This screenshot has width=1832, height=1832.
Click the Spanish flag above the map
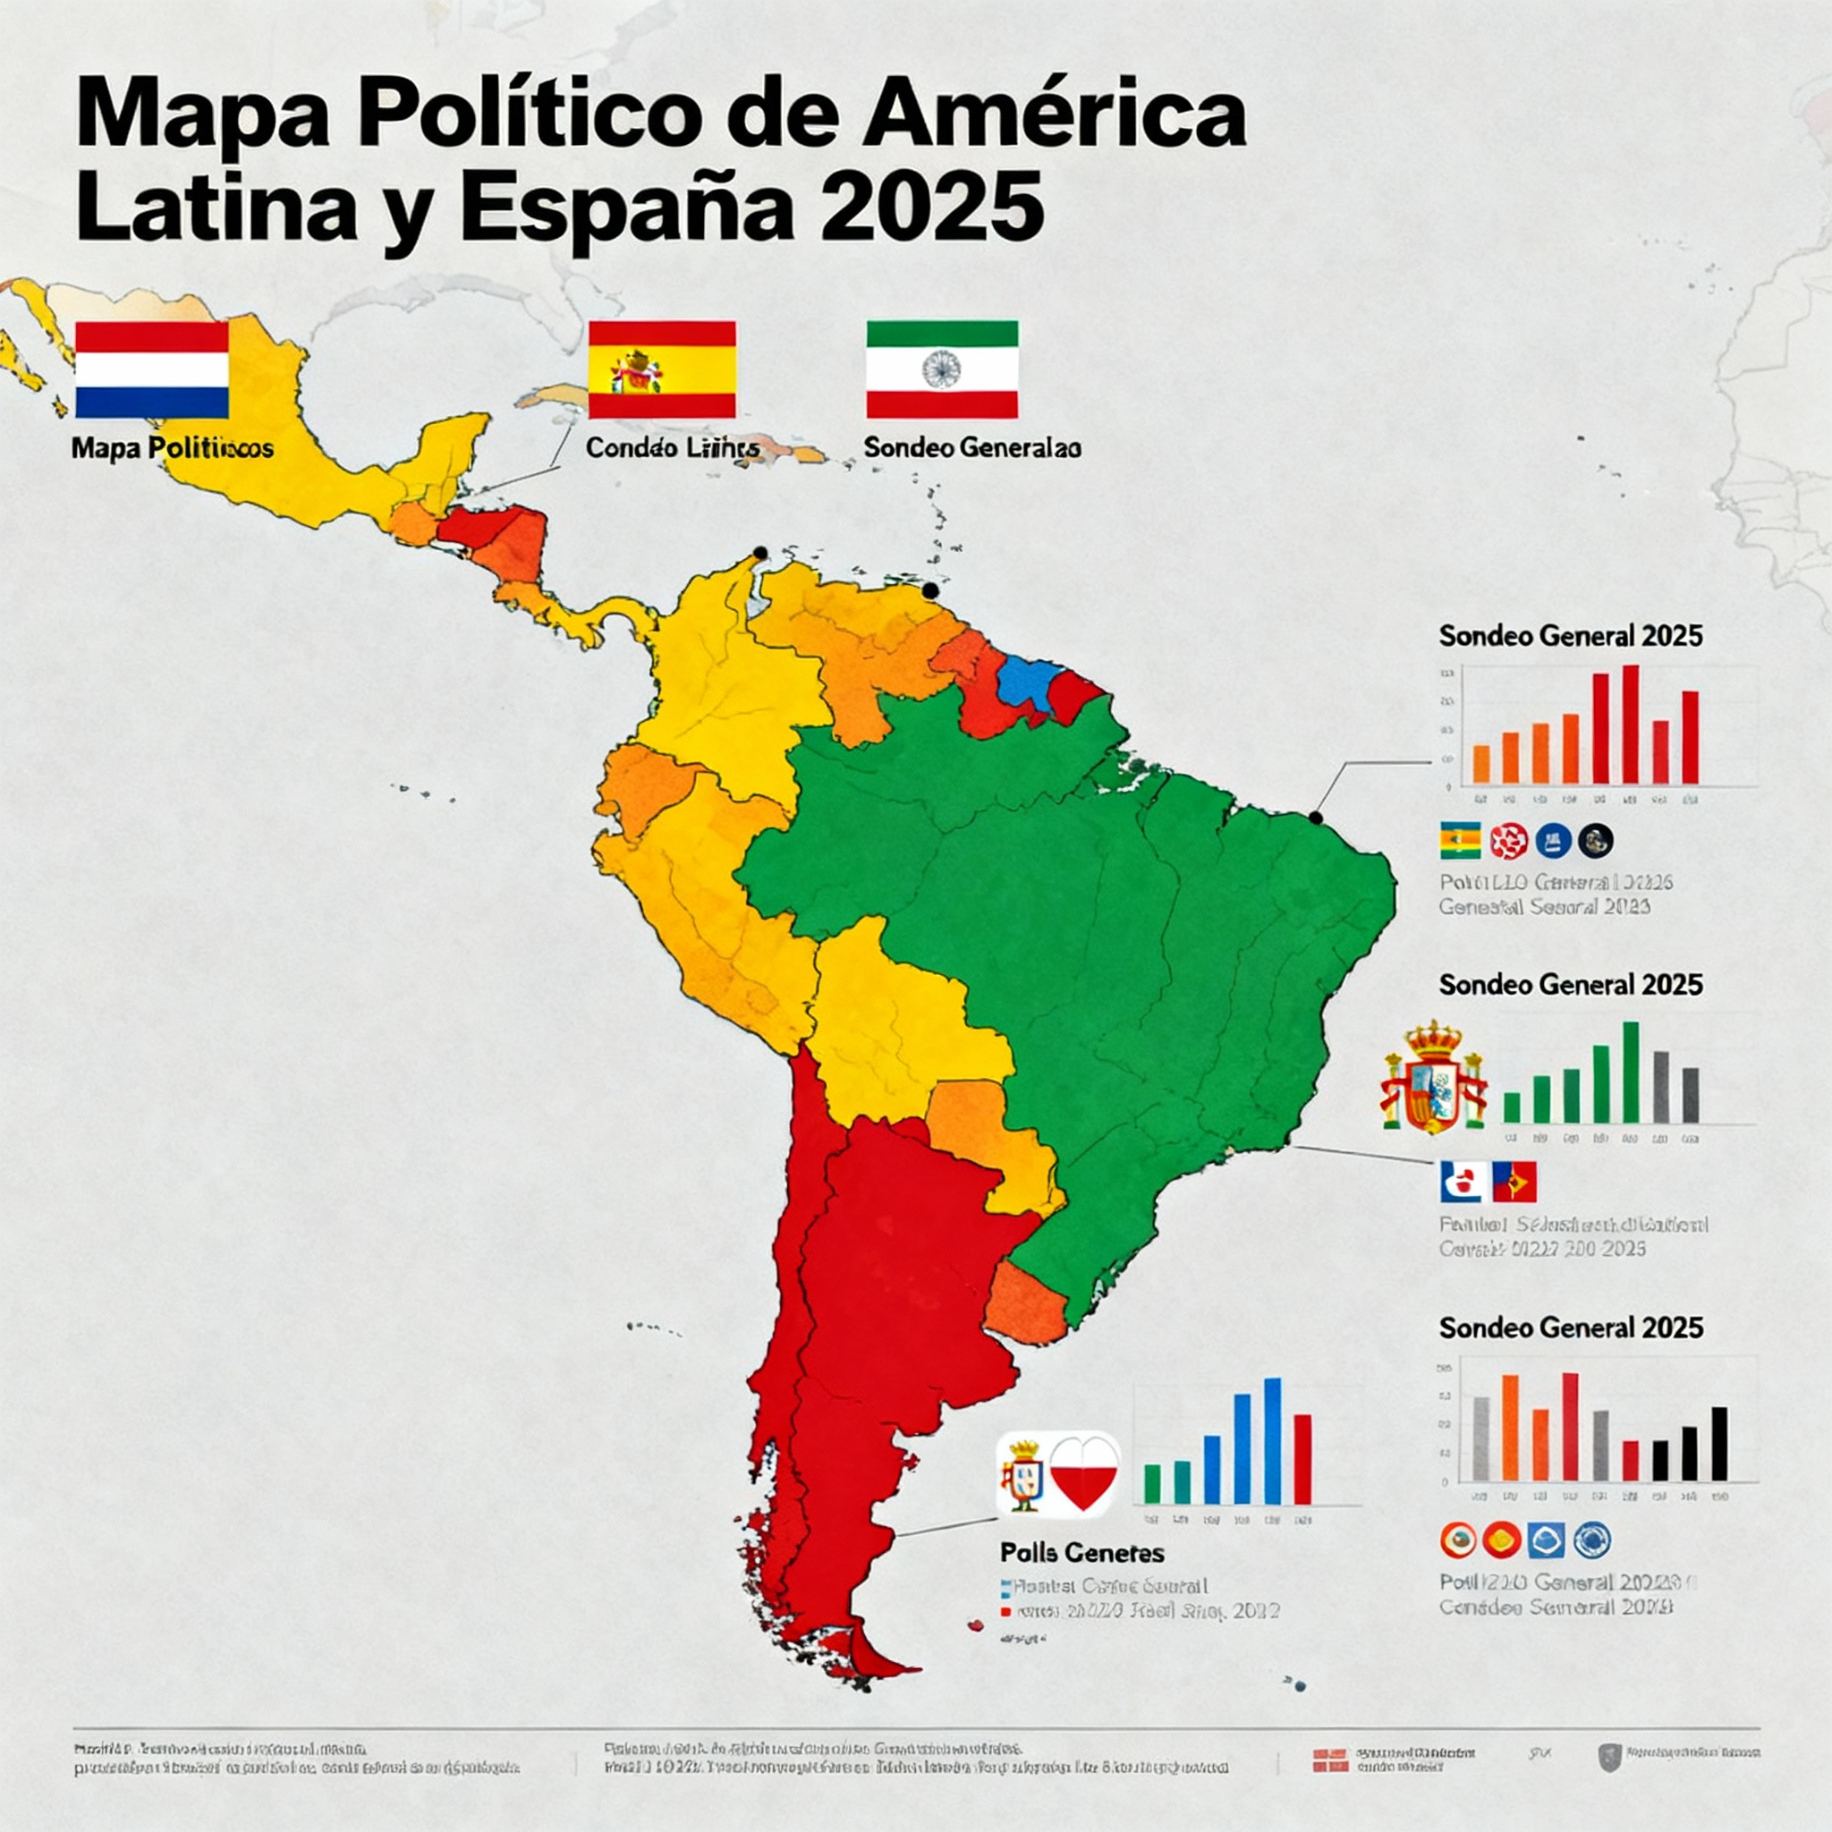click(662, 369)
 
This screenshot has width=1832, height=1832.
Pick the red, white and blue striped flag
click(152, 369)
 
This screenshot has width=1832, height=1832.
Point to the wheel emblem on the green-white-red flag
click(941, 369)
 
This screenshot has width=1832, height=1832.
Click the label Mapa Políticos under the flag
click(173, 447)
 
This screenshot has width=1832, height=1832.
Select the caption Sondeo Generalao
click(972, 447)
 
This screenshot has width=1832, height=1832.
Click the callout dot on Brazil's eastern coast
click(1316, 817)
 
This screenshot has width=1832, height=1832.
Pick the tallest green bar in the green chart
click(1631, 1072)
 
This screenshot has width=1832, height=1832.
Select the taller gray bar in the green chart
click(1661, 1087)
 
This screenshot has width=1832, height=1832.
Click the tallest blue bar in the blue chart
click(1273, 1440)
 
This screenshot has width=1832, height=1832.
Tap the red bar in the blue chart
click(1302, 1459)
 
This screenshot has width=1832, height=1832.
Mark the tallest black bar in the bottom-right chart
click(1720, 1444)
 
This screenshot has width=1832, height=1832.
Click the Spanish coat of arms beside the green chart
click(1434, 1078)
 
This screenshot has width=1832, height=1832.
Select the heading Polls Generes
click(1082, 1552)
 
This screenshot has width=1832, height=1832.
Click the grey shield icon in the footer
click(1605, 1757)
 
